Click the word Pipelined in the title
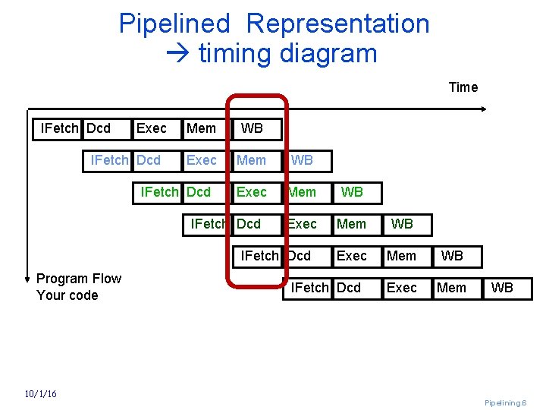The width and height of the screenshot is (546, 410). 174,24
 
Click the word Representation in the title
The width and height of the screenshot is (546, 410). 337,24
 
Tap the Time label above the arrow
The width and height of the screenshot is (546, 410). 463,87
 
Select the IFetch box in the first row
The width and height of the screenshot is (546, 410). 58,128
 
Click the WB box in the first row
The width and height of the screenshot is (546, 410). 253,128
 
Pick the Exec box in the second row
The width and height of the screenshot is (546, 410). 202,160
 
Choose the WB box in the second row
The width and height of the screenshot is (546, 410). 302,160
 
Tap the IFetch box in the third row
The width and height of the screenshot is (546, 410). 159,192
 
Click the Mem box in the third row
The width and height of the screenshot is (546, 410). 302,192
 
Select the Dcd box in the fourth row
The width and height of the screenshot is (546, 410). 249,224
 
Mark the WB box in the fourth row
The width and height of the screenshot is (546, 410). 402,224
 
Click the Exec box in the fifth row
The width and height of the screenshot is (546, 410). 352,256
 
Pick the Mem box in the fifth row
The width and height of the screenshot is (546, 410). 402,256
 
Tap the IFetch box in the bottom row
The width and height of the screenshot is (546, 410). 309,288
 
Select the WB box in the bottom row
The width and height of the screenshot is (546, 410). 502,288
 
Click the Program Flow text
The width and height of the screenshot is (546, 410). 79,279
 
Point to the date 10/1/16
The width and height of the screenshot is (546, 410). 40,393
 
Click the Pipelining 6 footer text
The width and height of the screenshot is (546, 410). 505,402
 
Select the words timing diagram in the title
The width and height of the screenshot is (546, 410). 287,54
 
